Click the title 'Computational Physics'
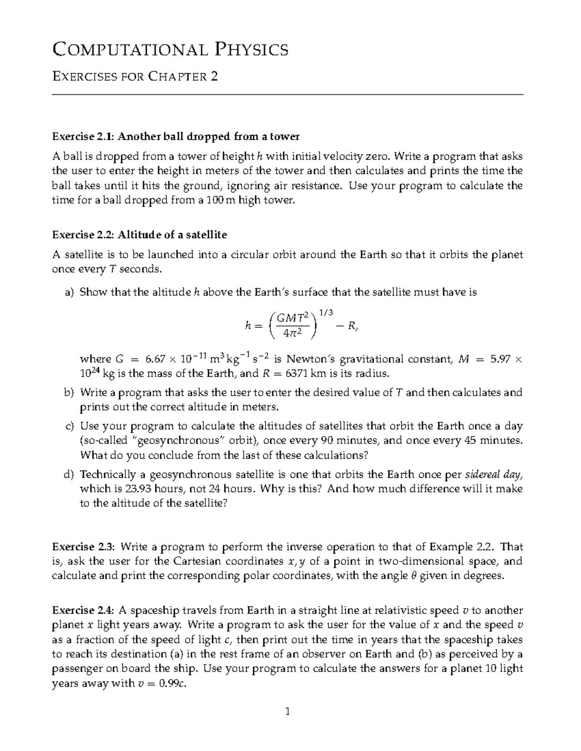[x=170, y=49]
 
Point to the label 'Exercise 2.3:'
[x=83, y=547]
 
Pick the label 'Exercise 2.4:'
[x=83, y=610]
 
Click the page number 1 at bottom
[x=288, y=711]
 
